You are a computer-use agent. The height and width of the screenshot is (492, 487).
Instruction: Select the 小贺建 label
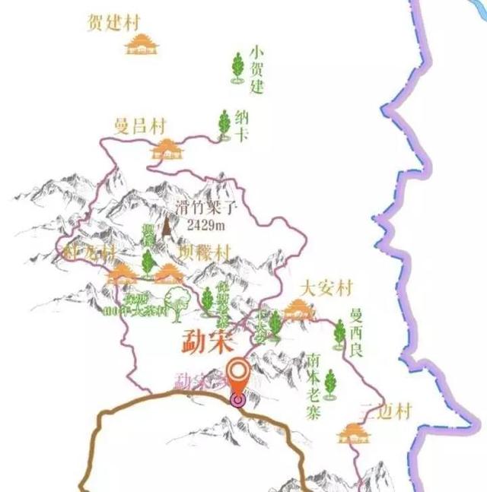pyautogui.click(x=257, y=69)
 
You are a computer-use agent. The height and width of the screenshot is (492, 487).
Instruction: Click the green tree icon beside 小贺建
pyautogui.click(x=237, y=68)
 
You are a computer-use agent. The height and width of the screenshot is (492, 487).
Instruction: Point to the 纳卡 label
pyautogui.click(x=242, y=125)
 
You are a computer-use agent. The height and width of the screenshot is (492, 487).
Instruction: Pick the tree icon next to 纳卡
pyautogui.click(x=224, y=124)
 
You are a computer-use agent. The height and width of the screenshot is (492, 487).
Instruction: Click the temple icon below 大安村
pyautogui.click(x=297, y=309)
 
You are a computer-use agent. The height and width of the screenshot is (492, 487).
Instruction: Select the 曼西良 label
pyautogui.click(x=356, y=332)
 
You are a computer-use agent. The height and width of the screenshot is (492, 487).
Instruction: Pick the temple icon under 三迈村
pyautogui.click(x=352, y=433)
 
